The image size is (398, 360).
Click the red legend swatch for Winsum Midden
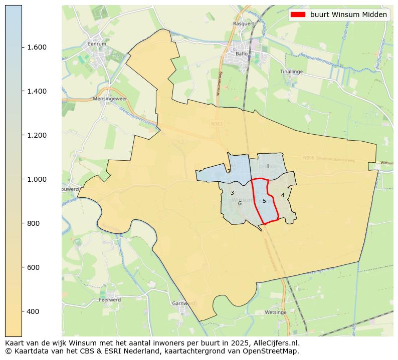(x=298, y=15)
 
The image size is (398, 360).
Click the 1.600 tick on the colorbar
(x=37, y=47)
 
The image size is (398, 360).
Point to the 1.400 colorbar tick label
(x=37, y=91)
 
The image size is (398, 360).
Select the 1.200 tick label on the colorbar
(x=37, y=135)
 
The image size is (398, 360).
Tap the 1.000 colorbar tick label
(x=37, y=179)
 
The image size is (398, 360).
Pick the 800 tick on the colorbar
(x=34, y=223)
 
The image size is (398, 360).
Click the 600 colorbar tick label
(x=34, y=267)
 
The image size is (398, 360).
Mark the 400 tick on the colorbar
(x=34, y=311)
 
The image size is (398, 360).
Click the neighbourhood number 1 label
(x=268, y=166)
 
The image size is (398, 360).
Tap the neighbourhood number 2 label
(x=229, y=171)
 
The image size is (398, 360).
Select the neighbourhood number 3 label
(x=232, y=193)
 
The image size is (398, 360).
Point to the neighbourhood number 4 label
(x=283, y=195)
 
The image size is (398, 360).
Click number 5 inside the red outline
(x=264, y=201)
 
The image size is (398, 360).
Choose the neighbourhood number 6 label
(x=240, y=203)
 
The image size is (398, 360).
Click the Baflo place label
(x=243, y=53)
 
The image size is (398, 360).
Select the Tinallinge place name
(x=291, y=72)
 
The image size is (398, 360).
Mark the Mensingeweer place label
(x=108, y=99)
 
